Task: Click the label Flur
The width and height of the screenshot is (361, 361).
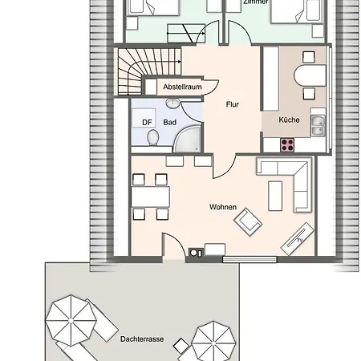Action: click(233, 103)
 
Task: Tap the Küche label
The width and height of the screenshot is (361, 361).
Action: click(289, 120)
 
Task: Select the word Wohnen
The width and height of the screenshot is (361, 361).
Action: click(222, 207)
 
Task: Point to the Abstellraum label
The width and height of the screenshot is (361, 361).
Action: click(180, 86)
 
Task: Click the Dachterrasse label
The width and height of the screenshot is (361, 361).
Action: click(142, 340)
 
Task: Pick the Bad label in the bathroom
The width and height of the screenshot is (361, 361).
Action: click(169, 122)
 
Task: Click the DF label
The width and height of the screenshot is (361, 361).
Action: click(147, 122)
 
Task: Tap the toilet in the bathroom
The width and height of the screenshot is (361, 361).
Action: click(152, 137)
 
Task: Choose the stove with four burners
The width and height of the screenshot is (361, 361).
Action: click(286, 144)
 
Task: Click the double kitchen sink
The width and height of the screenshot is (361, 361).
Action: click(318, 126)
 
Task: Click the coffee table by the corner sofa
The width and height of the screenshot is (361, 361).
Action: click(275, 193)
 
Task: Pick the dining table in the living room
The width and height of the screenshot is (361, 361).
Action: click(150, 196)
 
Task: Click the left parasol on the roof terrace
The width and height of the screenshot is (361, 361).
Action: click(70, 318)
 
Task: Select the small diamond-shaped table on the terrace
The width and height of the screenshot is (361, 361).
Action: click(180, 347)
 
